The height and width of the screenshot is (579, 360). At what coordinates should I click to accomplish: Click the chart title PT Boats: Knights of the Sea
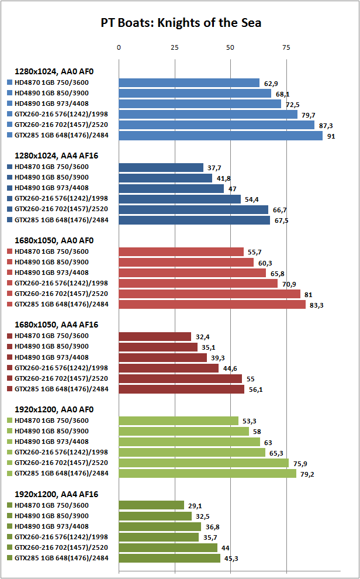pyautogui.click(x=180, y=23)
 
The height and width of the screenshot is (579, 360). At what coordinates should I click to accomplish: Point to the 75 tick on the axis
pyautogui.click(x=286, y=47)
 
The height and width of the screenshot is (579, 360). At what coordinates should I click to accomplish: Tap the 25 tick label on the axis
pyautogui.click(x=174, y=47)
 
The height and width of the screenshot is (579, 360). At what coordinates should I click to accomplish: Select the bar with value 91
pyautogui.click(x=220, y=136)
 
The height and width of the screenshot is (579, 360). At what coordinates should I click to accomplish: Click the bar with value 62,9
pyautogui.click(x=189, y=83)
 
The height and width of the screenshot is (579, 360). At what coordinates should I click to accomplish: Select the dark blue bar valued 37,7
pyautogui.click(x=161, y=167)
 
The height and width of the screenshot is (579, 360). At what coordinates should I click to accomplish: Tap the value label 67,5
pyautogui.click(x=282, y=220)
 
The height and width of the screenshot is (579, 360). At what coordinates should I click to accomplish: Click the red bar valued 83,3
pyautogui.click(x=212, y=304)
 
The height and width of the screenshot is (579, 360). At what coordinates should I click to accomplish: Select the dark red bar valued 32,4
pyautogui.click(x=155, y=336)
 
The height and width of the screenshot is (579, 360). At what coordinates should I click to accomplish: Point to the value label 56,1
pyautogui.click(x=256, y=390)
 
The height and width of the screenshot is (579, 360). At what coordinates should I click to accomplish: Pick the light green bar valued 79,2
pyautogui.click(x=207, y=473)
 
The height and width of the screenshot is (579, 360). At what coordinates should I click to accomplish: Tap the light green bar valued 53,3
pyautogui.click(x=178, y=421)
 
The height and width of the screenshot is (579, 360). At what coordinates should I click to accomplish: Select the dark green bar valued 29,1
pyautogui.click(x=151, y=505)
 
